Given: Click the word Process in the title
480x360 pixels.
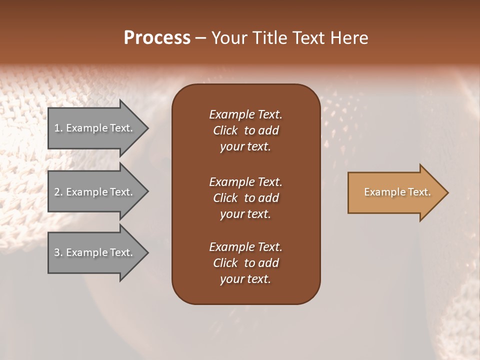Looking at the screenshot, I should pos(157,38).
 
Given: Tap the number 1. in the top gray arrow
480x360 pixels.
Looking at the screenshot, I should pos(58,128).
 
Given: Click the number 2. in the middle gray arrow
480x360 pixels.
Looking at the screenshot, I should pos(58,192).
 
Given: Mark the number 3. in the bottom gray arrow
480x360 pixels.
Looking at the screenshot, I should pos(58,252).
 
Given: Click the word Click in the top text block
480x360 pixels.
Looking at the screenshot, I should pos(225,130).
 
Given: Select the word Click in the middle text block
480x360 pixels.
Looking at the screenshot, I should pos(225,198).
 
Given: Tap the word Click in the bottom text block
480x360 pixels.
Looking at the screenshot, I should pos(225,263).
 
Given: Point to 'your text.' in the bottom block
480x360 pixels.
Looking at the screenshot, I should pos(245,279).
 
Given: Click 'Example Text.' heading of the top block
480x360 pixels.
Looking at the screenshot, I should pos(245,114).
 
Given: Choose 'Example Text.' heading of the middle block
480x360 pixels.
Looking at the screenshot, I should pos(245,182).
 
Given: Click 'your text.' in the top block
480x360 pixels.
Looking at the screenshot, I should pos(245,146).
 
